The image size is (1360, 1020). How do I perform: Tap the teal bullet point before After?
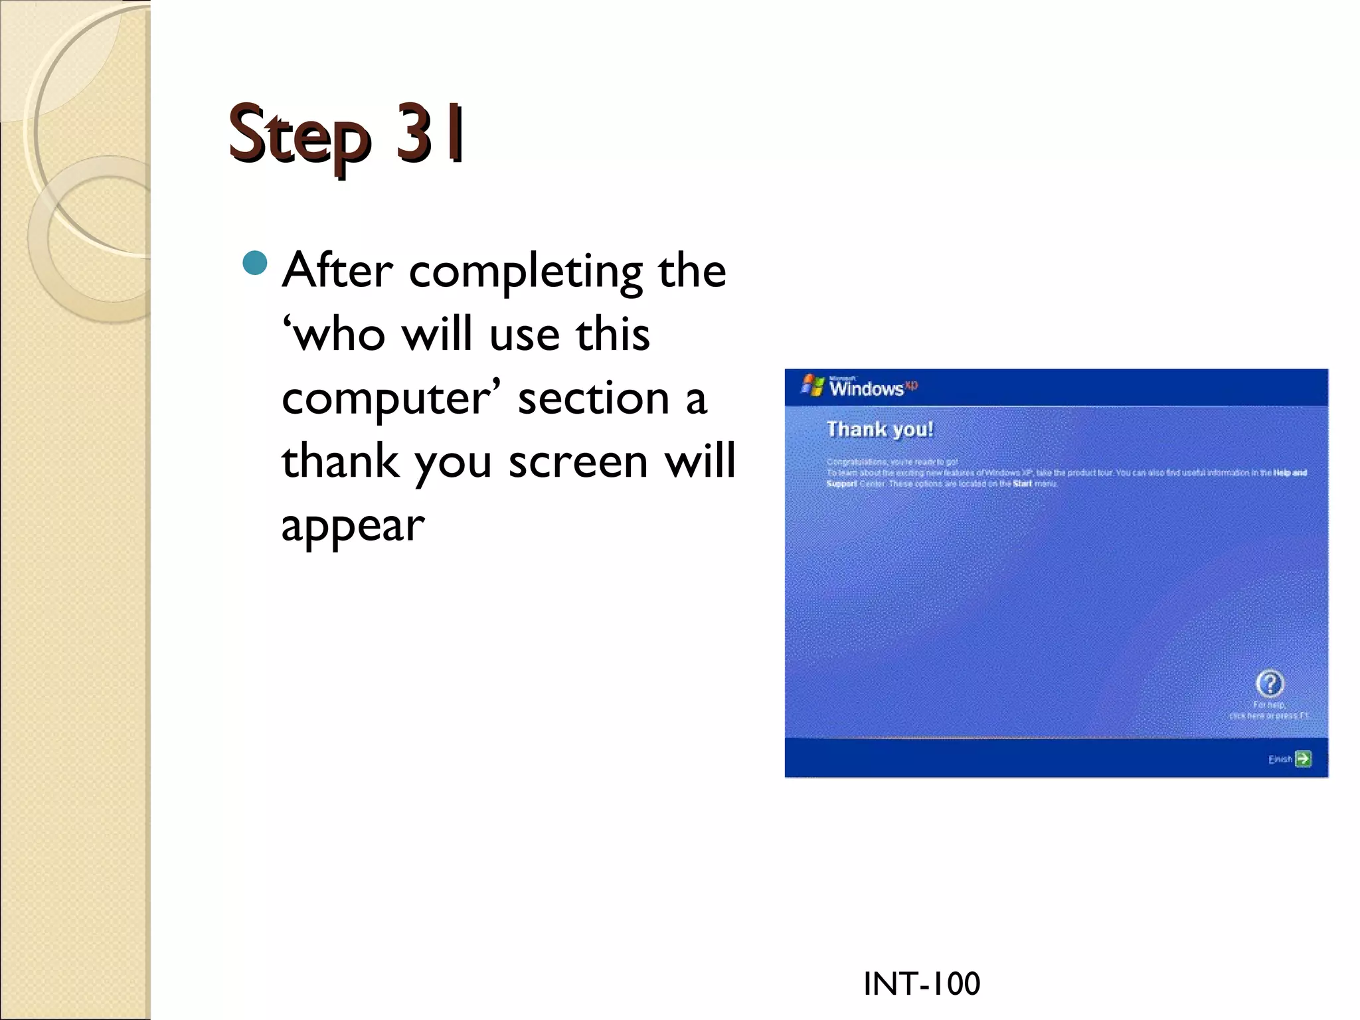255,264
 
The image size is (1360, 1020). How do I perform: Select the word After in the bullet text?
337,271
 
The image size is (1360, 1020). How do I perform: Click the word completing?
525,272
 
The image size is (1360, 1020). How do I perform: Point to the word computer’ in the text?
391,398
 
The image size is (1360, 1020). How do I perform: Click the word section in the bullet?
593,398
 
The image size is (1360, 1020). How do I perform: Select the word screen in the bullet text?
578,461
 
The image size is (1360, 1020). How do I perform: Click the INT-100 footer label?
921,983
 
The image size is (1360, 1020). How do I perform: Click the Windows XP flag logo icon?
812,385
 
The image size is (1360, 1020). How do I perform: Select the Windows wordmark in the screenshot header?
867,388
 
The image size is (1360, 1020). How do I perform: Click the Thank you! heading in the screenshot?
880,430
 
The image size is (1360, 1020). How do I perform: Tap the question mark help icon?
1270,683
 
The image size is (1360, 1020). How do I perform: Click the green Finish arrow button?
1303,758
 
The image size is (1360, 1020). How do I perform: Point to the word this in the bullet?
612,334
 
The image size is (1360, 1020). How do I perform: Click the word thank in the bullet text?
340,461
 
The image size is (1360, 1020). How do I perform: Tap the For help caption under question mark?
1269,705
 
